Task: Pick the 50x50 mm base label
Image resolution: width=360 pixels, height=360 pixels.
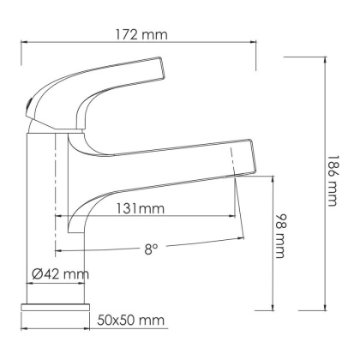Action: (x=129, y=320)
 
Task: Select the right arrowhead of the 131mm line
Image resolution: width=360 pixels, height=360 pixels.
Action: (x=236, y=217)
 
